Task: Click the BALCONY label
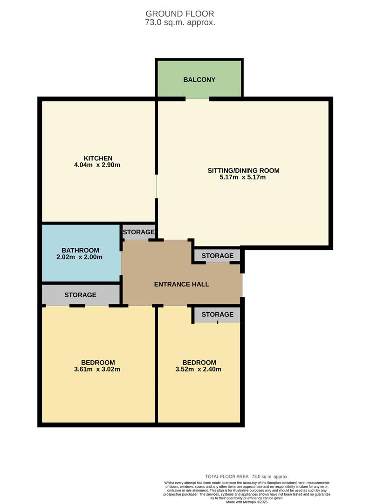pyautogui.click(x=199, y=80)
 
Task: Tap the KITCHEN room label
pyautogui.click(x=98, y=158)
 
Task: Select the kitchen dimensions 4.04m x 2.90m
pyautogui.click(x=98, y=165)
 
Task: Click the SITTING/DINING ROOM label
pyautogui.click(x=243, y=170)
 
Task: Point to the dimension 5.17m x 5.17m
pyautogui.click(x=243, y=177)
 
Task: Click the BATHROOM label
pyautogui.click(x=81, y=250)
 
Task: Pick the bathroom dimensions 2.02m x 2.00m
pyautogui.click(x=81, y=257)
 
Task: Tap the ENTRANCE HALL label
pyautogui.click(x=182, y=284)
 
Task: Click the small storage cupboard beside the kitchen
pyautogui.click(x=138, y=232)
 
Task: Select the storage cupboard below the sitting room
pyautogui.click(x=217, y=256)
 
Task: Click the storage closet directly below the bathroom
pyautogui.click(x=81, y=295)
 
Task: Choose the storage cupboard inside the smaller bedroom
pyautogui.click(x=217, y=315)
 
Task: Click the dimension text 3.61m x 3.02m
pyautogui.click(x=98, y=370)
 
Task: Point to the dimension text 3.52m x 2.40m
pyautogui.click(x=199, y=370)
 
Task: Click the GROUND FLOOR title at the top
pyautogui.click(x=180, y=14)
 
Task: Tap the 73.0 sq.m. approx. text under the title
pyautogui.click(x=180, y=22)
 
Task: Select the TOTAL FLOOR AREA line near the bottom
pyautogui.click(x=247, y=476)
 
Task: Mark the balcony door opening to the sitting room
pyautogui.click(x=198, y=99)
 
